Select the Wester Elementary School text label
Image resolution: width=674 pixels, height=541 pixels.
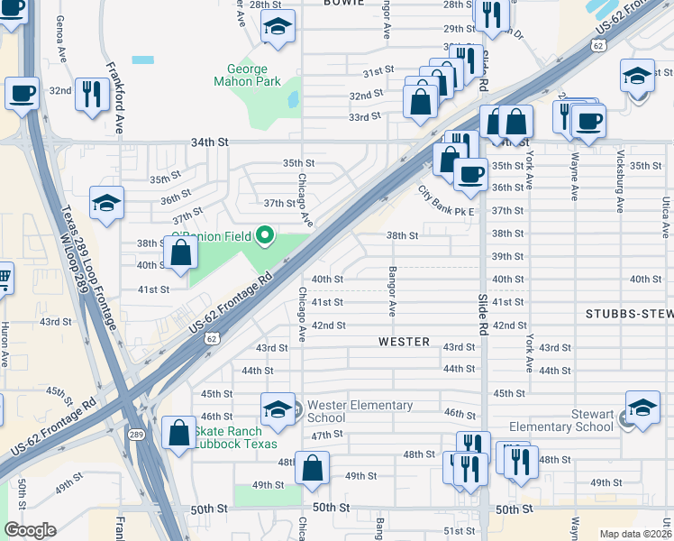[360, 411]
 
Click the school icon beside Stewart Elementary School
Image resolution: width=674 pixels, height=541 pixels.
[642, 408]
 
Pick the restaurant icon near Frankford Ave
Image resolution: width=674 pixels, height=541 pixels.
[91, 95]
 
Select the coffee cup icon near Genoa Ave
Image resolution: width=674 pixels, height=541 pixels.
[22, 92]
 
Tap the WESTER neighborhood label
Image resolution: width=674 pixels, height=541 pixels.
[404, 343]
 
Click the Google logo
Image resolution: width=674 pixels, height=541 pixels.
[29, 529]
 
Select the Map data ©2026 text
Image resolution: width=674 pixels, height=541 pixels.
[635, 534]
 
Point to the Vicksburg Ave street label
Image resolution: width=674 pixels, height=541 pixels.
[619, 189]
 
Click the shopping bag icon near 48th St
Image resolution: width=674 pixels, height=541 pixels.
[313, 469]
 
